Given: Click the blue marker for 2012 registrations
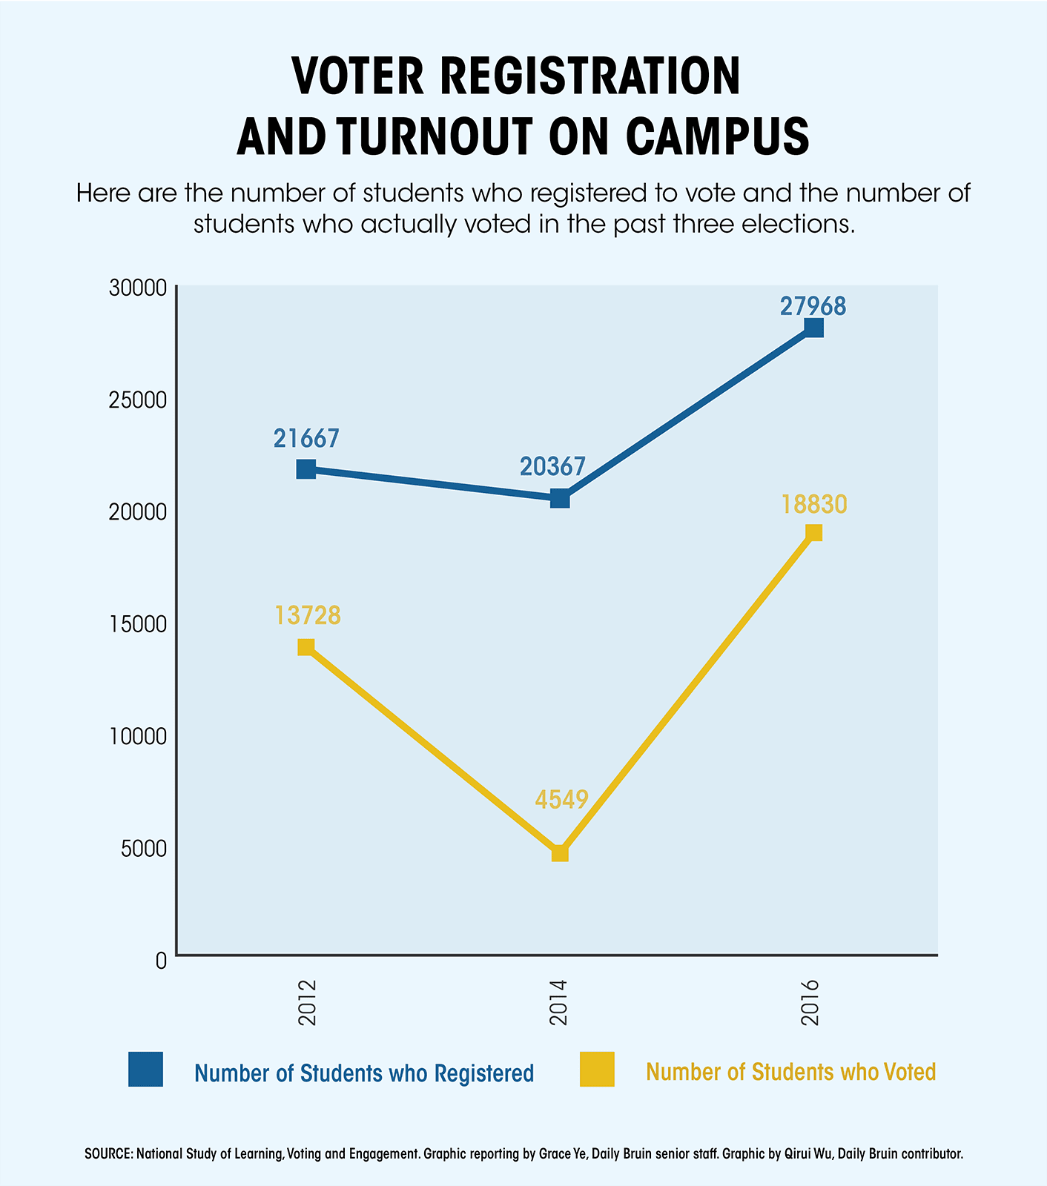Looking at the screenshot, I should (306, 469).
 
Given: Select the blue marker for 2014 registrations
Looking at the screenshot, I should (560, 498).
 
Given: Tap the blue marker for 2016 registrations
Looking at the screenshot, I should (813, 328).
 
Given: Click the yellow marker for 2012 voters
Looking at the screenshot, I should (306, 647).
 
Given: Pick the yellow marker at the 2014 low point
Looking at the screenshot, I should (560, 853).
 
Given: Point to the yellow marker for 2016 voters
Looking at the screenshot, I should (813, 533).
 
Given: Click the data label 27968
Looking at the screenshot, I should (813, 306).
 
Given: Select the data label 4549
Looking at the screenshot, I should (561, 800).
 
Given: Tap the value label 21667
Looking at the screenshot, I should (306, 439).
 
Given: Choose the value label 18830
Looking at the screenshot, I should (813, 505).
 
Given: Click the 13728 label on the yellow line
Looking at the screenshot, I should (308, 615).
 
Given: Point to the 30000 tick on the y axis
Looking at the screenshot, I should (139, 288).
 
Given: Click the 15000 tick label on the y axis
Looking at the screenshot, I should (139, 624).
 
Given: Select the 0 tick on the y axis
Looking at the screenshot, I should (161, 960).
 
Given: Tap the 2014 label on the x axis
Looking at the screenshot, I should (558, 1002).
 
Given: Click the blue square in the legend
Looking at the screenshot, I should (145, 1069).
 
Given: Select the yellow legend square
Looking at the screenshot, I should (597, 1069).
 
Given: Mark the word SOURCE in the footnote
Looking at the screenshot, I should (108, 1154).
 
